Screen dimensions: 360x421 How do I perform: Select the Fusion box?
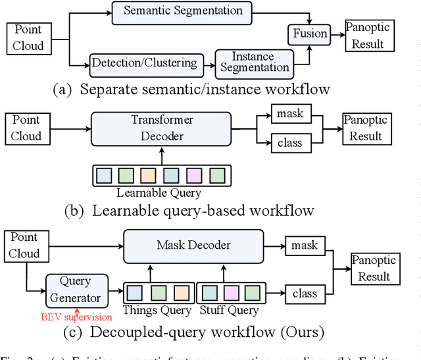tap(309, 33)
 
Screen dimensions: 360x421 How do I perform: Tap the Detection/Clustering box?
tap(144, 63)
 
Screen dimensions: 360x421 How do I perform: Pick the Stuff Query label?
tap(230, 310)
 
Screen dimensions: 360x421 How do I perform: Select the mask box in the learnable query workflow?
tap(290, 113)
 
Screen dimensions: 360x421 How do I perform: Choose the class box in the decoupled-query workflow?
tap(304, 294)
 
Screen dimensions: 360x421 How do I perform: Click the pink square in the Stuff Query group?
tap(230, 292)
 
